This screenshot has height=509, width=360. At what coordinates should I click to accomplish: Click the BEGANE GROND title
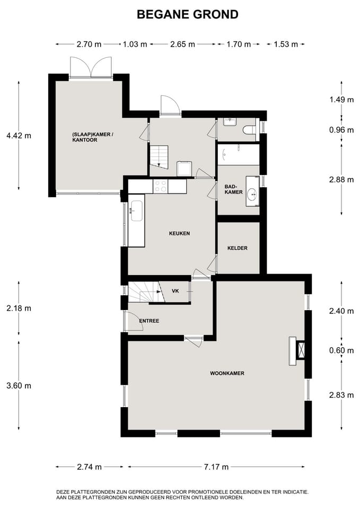click(x=188, y=15)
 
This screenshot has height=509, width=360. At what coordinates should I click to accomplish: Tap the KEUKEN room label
click(x=179, y=233)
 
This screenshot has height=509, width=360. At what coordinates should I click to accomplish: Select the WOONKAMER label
click(x=227, y=373)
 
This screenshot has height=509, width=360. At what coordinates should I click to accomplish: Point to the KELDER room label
click(x=238, y=248)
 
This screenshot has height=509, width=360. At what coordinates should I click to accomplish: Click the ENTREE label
click(x=149, y=321)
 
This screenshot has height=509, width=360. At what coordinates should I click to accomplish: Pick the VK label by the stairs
click(x=175, y=291)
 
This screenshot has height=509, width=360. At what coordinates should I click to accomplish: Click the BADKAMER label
click(x=233, y=189)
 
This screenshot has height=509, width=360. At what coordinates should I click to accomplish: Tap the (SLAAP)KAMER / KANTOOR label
click(x=92, y=137)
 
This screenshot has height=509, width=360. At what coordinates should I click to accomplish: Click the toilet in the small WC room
click(x=250, y=130)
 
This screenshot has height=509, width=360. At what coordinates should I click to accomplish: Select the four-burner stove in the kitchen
click(x=160, y=186)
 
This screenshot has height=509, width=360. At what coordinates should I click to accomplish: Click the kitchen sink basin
click(x=136, y=210)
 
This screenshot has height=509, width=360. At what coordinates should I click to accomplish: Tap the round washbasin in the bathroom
click(x=252, y=195)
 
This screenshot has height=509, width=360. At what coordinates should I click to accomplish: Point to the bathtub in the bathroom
click(x=239, y=154)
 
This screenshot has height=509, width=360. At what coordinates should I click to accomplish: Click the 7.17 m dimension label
click(x=216, y=467)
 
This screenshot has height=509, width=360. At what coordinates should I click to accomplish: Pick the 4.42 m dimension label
click(x=19, y=135)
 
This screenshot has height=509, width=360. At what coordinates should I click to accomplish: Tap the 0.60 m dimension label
click(x=341, y=350)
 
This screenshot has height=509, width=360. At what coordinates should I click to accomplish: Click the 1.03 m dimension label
click(x=135, y=44)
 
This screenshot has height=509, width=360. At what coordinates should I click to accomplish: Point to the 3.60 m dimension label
click(x=19, y=385)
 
